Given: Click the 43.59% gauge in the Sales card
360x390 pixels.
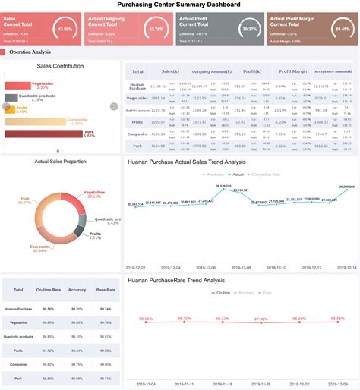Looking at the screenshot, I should [65, 30].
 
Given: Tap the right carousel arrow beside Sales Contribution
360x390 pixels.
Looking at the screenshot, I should [115, 106].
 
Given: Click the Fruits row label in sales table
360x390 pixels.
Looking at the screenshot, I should [137, 122].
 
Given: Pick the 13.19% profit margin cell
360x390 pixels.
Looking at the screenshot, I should [280, 110].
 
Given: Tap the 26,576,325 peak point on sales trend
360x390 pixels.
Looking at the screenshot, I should [223, 189].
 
